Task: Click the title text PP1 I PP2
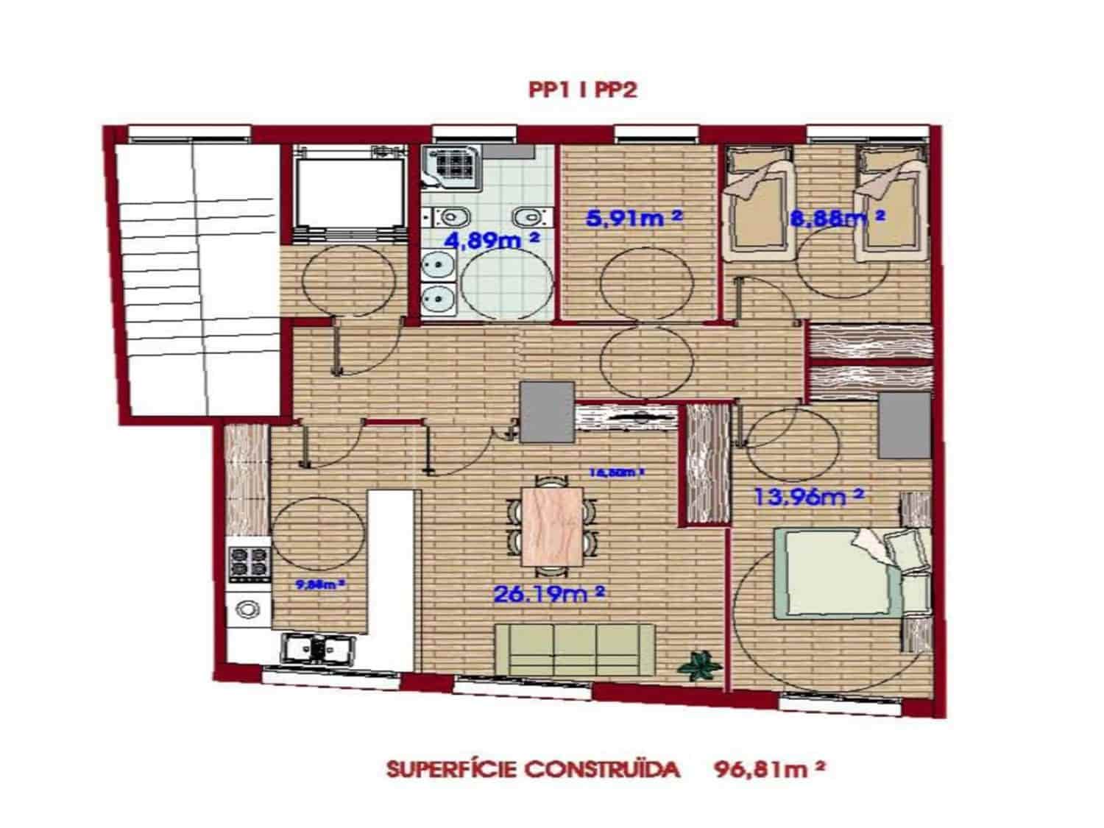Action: click(581, 90)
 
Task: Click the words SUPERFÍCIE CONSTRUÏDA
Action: click(531, 770)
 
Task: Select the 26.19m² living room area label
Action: click(548, 593)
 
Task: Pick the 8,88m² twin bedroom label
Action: click(835, 219)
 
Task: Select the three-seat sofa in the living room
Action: click(575, 648)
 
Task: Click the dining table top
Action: click(551, 526)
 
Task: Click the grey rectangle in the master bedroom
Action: click(904, 425)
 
